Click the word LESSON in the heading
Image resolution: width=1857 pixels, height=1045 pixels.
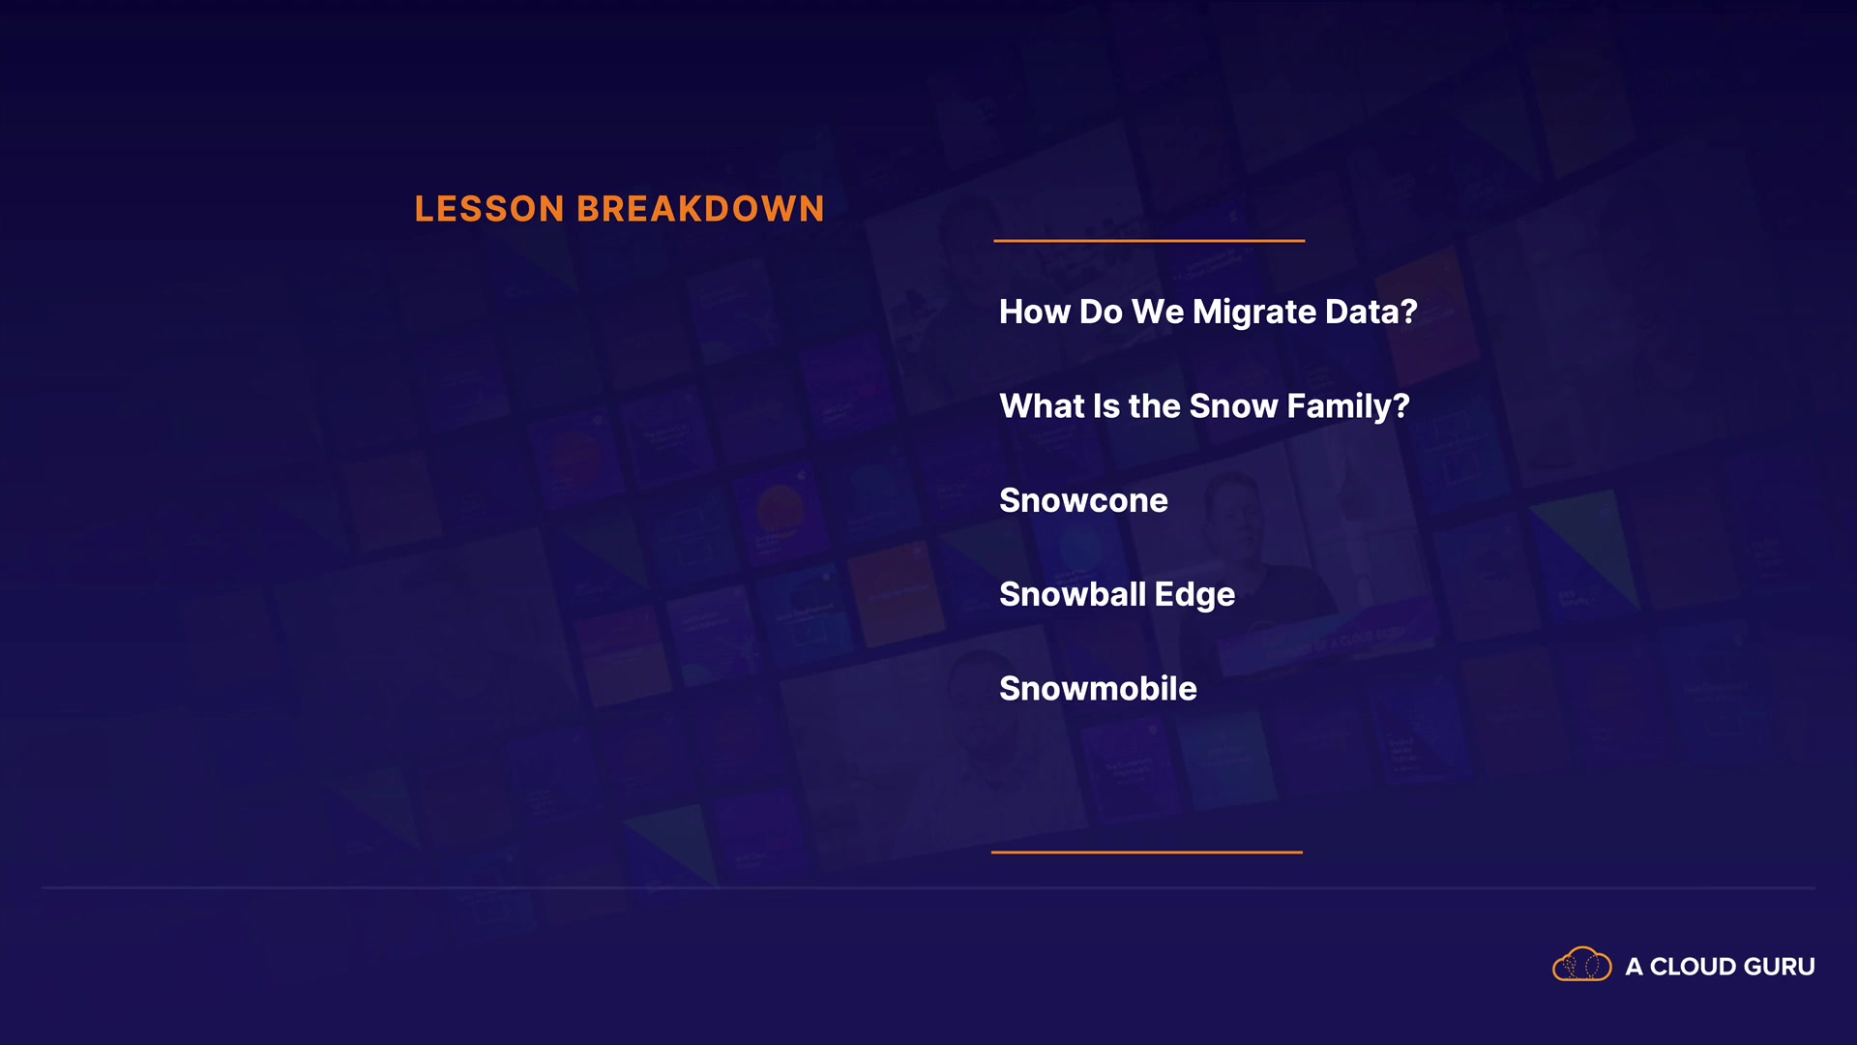coord(489,209)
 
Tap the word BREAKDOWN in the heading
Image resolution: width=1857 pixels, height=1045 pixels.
coord(701,209)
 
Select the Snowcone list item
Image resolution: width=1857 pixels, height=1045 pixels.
coord(1083,500)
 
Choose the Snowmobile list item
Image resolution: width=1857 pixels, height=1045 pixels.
coord(1098,688)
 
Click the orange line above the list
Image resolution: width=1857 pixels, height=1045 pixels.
coord(1149,241)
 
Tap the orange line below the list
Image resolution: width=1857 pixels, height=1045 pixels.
coord(1147,852)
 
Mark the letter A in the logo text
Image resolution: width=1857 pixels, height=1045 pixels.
coord(1634,967)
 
